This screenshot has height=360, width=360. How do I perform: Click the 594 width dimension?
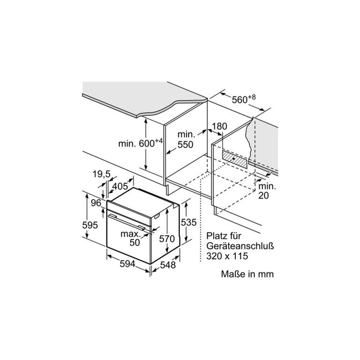coord(127,264)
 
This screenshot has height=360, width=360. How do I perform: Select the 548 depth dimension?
coord(168,265)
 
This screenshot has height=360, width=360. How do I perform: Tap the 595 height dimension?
coord(90,225)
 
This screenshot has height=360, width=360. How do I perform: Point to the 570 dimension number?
coord(167,239)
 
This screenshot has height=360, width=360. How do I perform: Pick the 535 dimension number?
coord(189,222)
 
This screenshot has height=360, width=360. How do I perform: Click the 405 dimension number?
coord(120,186)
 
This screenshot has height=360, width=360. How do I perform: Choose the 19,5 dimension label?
coord(102,174)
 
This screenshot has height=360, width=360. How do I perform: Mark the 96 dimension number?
coord(96,203)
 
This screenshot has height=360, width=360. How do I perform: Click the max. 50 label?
coord(131,238)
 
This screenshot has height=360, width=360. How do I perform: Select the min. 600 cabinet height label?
coord(140,143)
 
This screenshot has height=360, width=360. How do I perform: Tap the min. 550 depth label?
coord(186,140)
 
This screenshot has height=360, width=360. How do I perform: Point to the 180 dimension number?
coord(219,126)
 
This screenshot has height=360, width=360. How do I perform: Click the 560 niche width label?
coord(244,99)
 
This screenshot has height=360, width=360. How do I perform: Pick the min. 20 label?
coord(267,191)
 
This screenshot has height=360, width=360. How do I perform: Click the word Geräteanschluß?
coord(240,246)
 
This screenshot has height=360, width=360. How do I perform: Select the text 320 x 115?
coord(227,256)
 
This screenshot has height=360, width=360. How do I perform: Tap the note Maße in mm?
coord(247,274)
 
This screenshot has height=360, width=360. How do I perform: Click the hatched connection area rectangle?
coord(235,160)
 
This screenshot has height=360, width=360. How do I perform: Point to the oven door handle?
coord(127,222)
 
